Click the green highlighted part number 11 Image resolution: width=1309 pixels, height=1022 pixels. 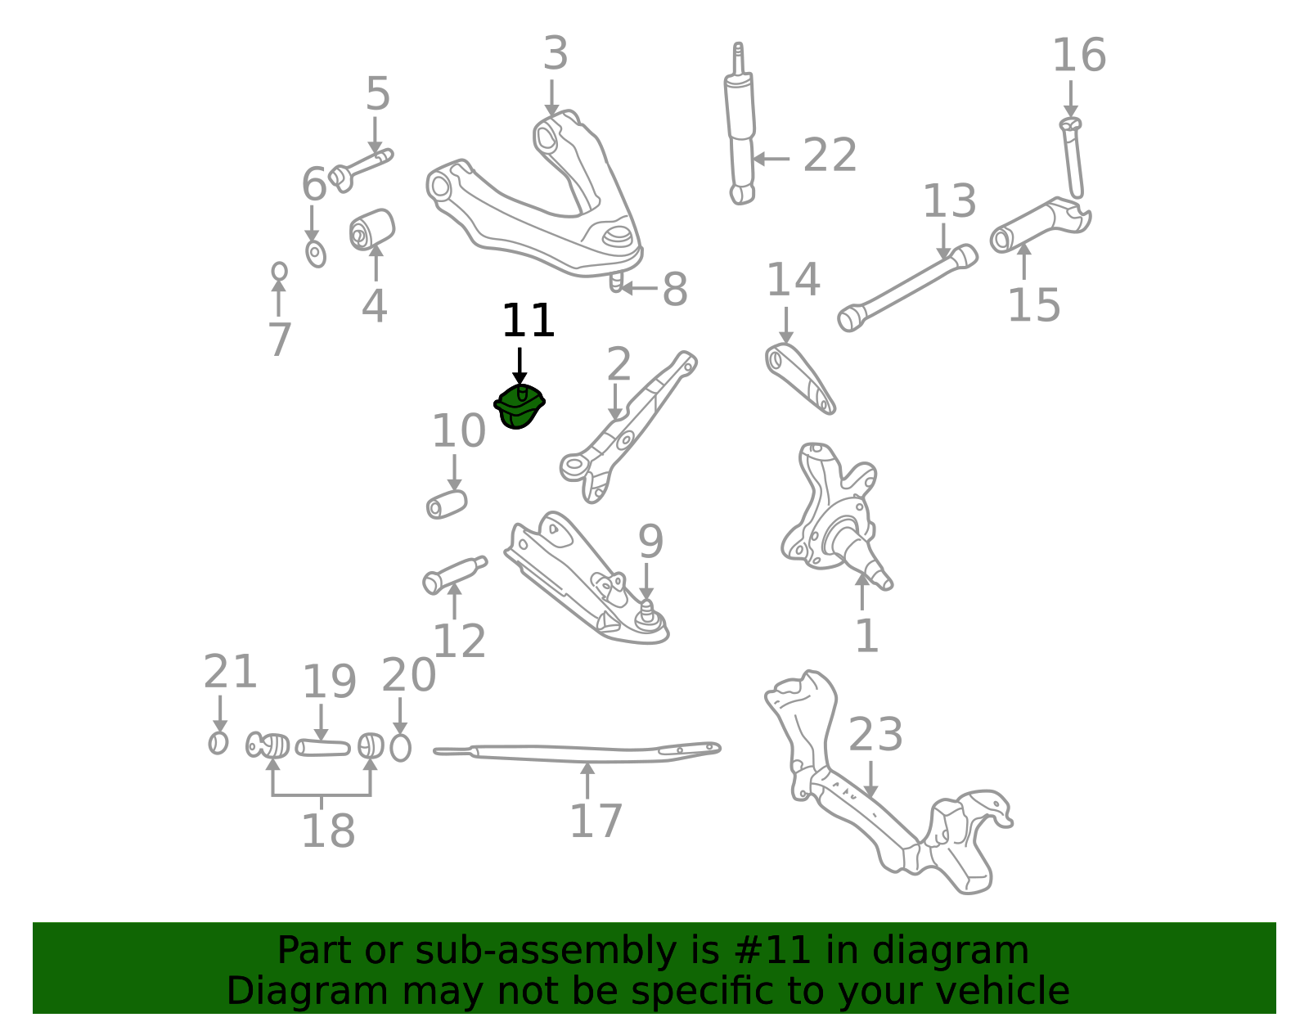(519, 407)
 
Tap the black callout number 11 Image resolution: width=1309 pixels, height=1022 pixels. (528, 321)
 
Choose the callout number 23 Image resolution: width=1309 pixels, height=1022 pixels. (875, 734)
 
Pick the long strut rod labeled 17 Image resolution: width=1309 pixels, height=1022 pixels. (577, 752)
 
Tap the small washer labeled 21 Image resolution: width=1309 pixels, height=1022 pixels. (218, 743)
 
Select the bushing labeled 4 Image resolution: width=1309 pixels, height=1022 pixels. (371, 229)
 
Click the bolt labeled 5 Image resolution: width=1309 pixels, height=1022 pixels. (360, 170)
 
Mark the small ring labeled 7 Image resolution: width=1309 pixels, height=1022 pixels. (279, 272)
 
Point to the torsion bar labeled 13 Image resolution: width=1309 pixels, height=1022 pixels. (907, 288)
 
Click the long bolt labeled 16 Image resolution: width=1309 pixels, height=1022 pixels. (1073, 158)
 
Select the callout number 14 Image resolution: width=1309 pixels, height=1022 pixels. (793, 280)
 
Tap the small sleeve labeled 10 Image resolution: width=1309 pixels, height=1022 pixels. (447, 505)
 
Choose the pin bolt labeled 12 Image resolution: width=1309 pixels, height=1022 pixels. (454, 575)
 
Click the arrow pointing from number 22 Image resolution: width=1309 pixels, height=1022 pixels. (771, 159)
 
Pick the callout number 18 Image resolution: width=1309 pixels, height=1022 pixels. (328, 831)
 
